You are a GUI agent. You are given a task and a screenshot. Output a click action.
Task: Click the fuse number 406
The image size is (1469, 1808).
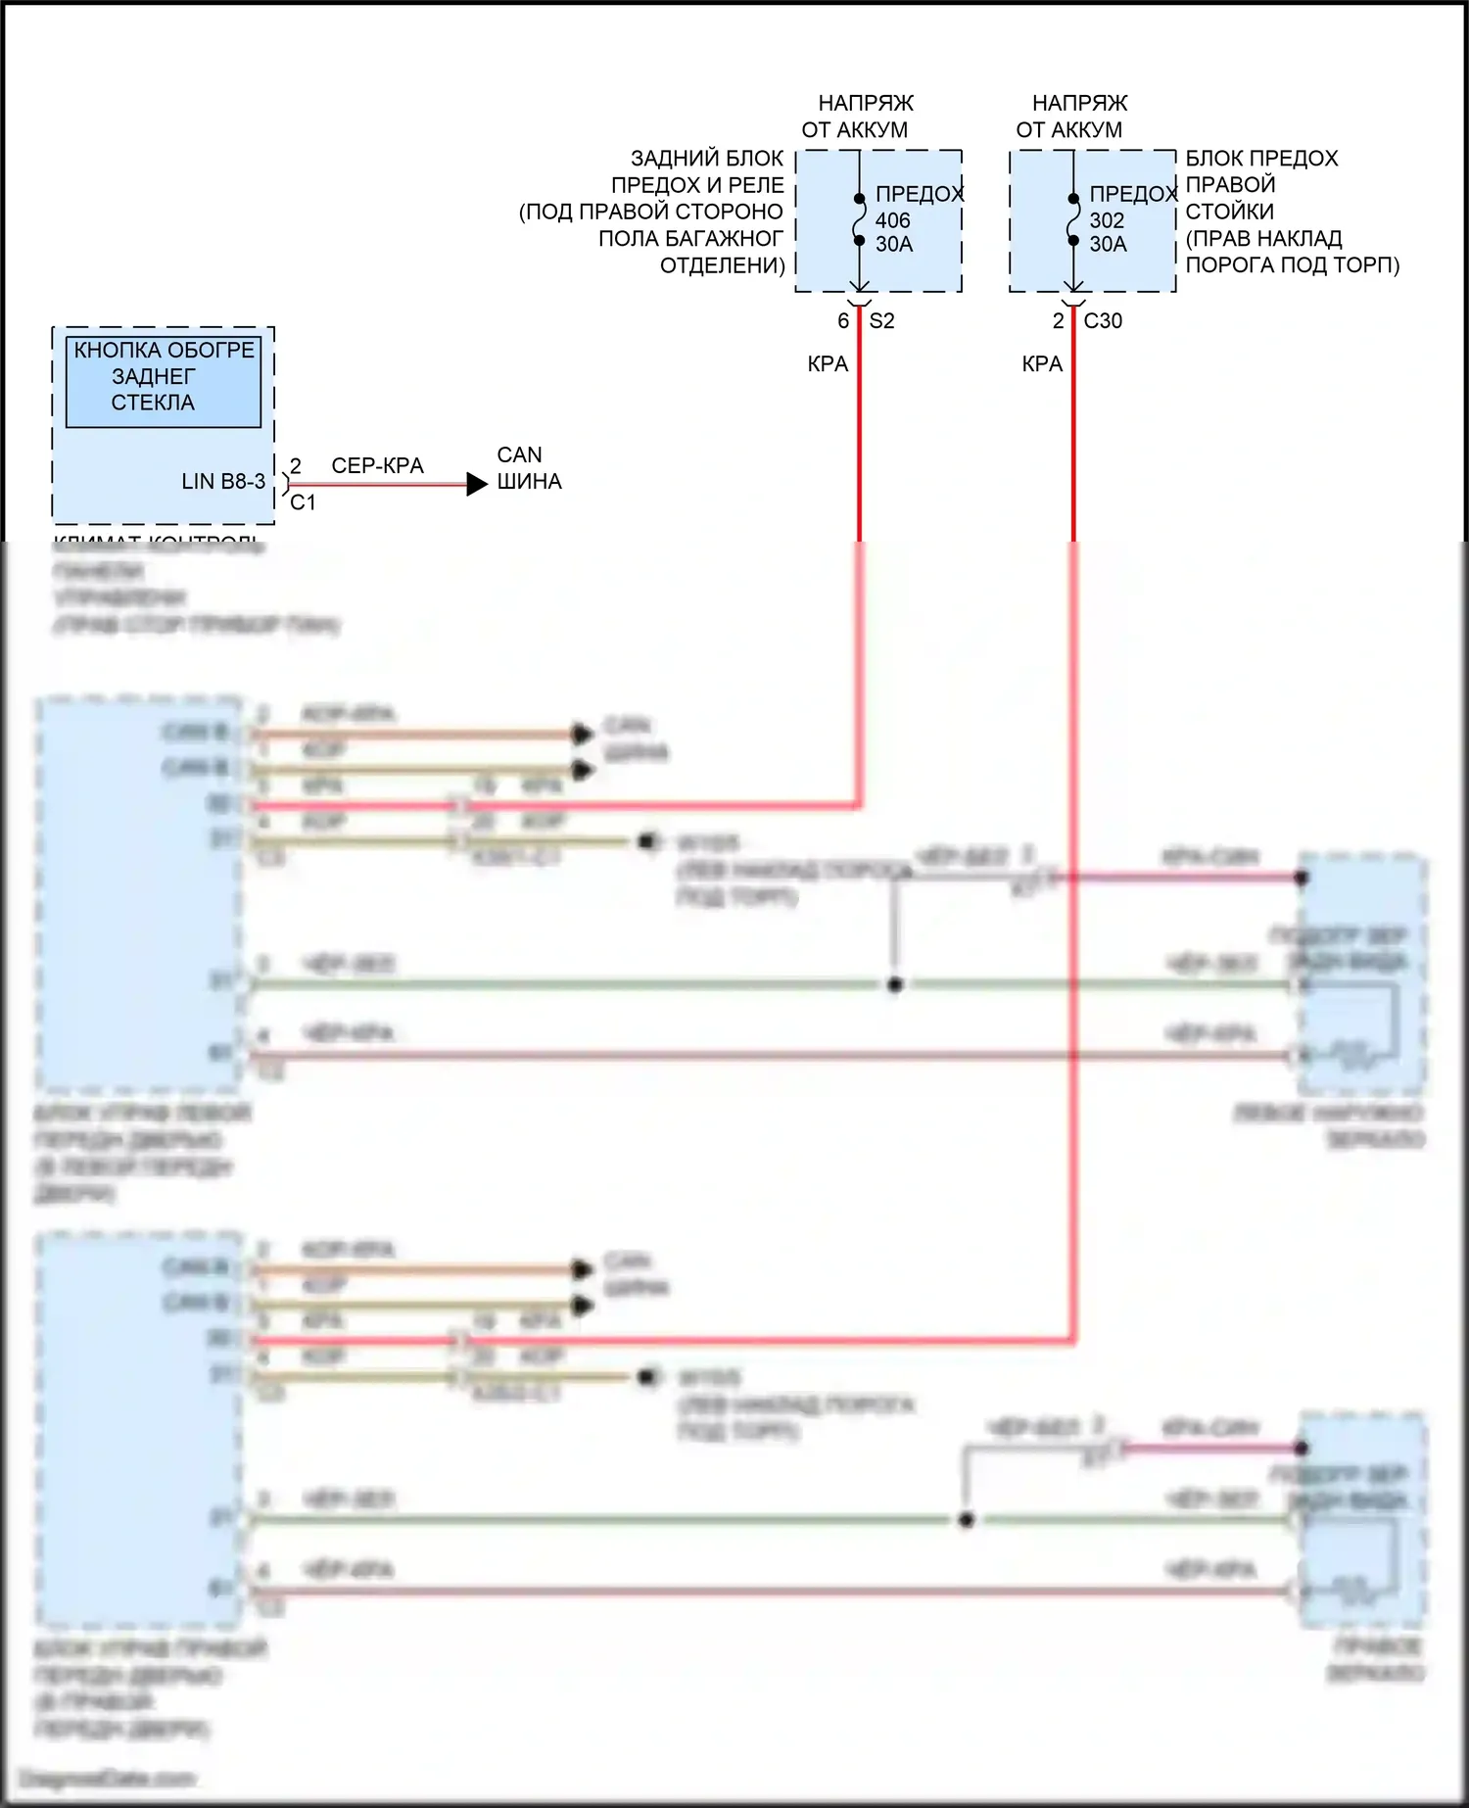click(x=892, y=220)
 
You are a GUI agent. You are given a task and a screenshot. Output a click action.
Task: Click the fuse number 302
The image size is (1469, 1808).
click(x=1107, y=220)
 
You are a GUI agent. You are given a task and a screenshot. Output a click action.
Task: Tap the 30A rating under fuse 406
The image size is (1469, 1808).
click(x=893, y=244)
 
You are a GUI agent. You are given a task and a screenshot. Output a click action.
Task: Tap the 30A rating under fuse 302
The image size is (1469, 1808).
click(x=1108, y=244)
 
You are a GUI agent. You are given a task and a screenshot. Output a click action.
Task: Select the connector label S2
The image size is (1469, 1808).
click(x=881, y=321)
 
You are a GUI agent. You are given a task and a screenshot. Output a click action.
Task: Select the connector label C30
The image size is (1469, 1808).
click(x=1103, y=321)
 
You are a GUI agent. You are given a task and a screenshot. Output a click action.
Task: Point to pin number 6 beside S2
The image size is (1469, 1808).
click(x=843, y=321)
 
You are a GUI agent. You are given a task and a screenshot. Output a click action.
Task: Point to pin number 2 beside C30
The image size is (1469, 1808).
click(x=1058, y=321)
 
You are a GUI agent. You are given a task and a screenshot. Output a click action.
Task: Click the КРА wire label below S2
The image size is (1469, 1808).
click(x=828, y=364)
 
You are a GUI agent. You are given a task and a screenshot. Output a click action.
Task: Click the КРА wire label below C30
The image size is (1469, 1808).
click(x=1042, y=364)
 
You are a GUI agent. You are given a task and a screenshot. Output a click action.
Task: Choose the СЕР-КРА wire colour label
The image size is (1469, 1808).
click(x=377, y=466)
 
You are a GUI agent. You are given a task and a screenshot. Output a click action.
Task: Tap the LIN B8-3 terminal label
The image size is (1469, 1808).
click(x=223, y=482)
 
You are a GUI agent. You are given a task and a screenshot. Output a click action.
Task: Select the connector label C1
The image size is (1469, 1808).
click(x=303, y=502)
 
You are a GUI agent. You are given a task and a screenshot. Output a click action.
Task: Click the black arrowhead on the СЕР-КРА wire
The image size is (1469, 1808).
click(x=477, y=484)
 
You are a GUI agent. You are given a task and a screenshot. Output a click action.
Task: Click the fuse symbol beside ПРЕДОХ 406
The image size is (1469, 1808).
click(x=859, y=219)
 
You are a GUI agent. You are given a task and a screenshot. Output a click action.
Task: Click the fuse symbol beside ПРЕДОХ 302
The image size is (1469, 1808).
click(x=1073, y=219)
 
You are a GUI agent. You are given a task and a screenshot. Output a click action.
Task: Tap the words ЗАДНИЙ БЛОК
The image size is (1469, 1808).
click(x=706, y=159)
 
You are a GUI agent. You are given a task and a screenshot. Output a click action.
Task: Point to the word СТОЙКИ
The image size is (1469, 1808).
click(x=1229, y=212)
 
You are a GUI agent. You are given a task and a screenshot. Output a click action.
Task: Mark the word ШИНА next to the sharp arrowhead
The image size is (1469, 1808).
click(x=529, y=482)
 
